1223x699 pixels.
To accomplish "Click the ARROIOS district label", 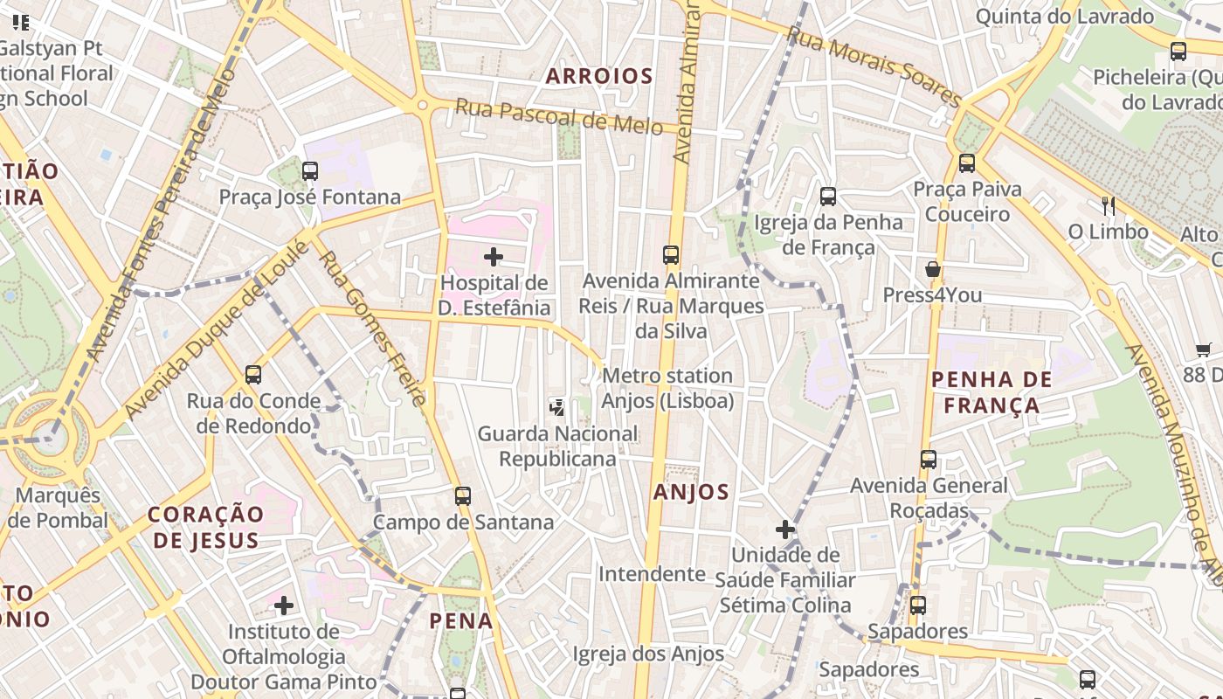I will (x=599, y=76).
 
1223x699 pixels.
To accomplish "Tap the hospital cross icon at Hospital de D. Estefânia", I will (x=494, y=257).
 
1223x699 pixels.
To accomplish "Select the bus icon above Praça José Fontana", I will (x=310, y=171).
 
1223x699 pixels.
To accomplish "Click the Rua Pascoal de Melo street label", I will (x=559, y=116).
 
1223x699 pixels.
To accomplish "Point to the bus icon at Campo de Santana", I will (x=463, y=496).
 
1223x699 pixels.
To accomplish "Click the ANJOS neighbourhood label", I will (x=691, y=492).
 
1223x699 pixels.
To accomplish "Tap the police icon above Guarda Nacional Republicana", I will (x=556, y=407).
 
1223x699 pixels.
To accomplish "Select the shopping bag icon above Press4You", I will (x=932, y=269).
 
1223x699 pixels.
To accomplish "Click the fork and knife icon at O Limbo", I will (x=1108, y=206).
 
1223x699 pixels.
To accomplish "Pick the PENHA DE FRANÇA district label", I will (x=992, y=392).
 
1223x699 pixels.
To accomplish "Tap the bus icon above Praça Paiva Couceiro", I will (x=966, y=163).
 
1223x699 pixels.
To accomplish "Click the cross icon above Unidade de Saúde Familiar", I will (x=784, y=529).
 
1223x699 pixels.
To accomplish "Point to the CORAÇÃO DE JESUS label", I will (x=206, y=527).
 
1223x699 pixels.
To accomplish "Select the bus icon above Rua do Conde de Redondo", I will (x=253, y=375).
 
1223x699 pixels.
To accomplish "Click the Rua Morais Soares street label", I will (x=874, y=66).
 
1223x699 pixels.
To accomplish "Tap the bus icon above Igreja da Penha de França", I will (x=828, y=197).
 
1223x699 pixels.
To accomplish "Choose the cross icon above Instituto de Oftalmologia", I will (x=284, y=605).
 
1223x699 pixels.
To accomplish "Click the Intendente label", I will (x=652, y=574).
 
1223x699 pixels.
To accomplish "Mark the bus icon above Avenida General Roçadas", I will (x=929, y=460).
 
